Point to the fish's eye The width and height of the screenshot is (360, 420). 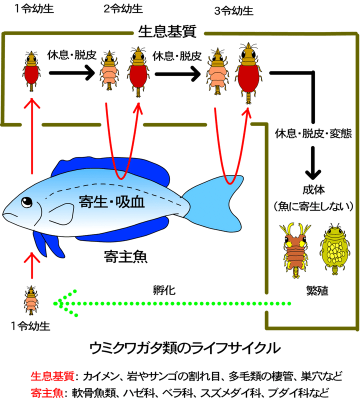coord(26,202)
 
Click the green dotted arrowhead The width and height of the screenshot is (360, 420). coord(62,303)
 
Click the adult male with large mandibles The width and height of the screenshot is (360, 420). coord(296,248)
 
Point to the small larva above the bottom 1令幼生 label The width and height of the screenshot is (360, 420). coord(31,299)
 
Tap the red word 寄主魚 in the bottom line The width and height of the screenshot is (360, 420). coord(46,392)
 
